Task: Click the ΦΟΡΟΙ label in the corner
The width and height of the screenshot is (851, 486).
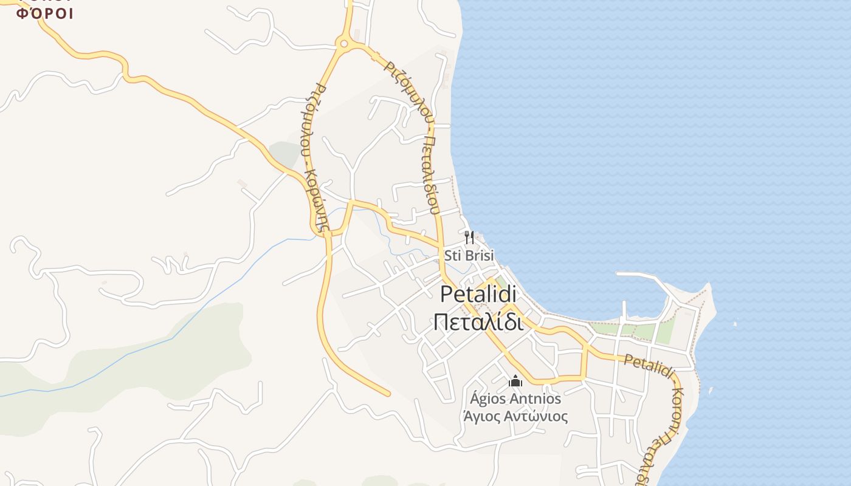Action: point(44,13)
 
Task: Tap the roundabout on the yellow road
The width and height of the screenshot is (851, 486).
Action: point(345,43)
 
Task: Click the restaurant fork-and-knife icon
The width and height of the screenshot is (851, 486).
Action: point(469,237)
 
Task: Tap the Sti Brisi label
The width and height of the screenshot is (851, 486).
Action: point(469,256)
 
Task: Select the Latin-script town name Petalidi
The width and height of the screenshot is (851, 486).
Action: point(478,294)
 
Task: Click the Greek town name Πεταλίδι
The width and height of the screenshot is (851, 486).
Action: point(478,322)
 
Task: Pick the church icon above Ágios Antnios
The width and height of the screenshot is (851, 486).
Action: point(515,382)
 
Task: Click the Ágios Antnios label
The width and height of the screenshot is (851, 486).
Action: point(515,399)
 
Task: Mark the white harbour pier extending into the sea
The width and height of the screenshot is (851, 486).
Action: point(644,276)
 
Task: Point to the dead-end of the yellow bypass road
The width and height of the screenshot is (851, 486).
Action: point(387,394)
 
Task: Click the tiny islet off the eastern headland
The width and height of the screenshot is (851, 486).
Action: point(735,324)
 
